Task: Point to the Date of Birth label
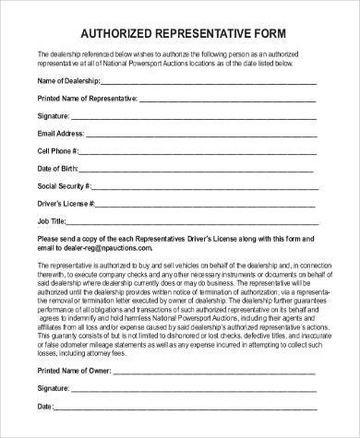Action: (58, 169)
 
